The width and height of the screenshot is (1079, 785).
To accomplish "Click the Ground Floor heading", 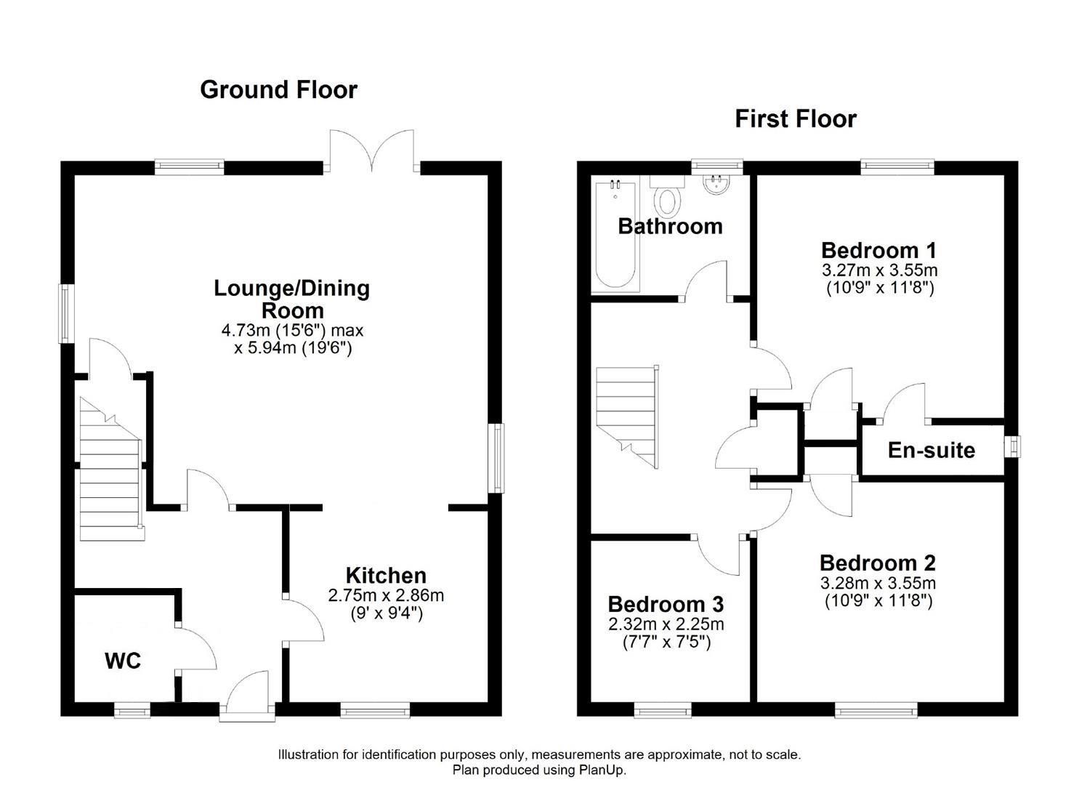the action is pos(278,90).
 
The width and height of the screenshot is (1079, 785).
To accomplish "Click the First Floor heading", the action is pos(796,119).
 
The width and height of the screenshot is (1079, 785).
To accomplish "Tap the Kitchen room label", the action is pos(386,576).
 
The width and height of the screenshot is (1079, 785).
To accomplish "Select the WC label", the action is pos(123,661).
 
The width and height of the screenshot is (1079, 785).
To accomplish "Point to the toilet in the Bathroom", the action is pos(668,196).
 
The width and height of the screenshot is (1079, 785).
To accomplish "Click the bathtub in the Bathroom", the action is pos(615,236).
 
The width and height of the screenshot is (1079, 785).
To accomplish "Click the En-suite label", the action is pos(931,451).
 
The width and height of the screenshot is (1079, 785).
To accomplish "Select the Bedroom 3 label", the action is pos(666,604).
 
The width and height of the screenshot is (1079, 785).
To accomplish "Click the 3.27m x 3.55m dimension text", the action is pos(880,270).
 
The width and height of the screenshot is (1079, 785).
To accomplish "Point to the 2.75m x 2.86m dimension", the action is pos(386,595).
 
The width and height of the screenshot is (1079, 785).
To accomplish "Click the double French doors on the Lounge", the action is pos(372,150).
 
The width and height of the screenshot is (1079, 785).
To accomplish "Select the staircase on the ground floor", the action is pos(110,470).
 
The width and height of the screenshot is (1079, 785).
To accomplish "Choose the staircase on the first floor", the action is pos(627,416).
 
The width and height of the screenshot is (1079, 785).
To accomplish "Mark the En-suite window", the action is pos(1013,446).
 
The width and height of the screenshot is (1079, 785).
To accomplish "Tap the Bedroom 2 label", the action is pos(878,563).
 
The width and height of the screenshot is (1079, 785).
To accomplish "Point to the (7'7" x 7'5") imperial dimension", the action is pos(666,643).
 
